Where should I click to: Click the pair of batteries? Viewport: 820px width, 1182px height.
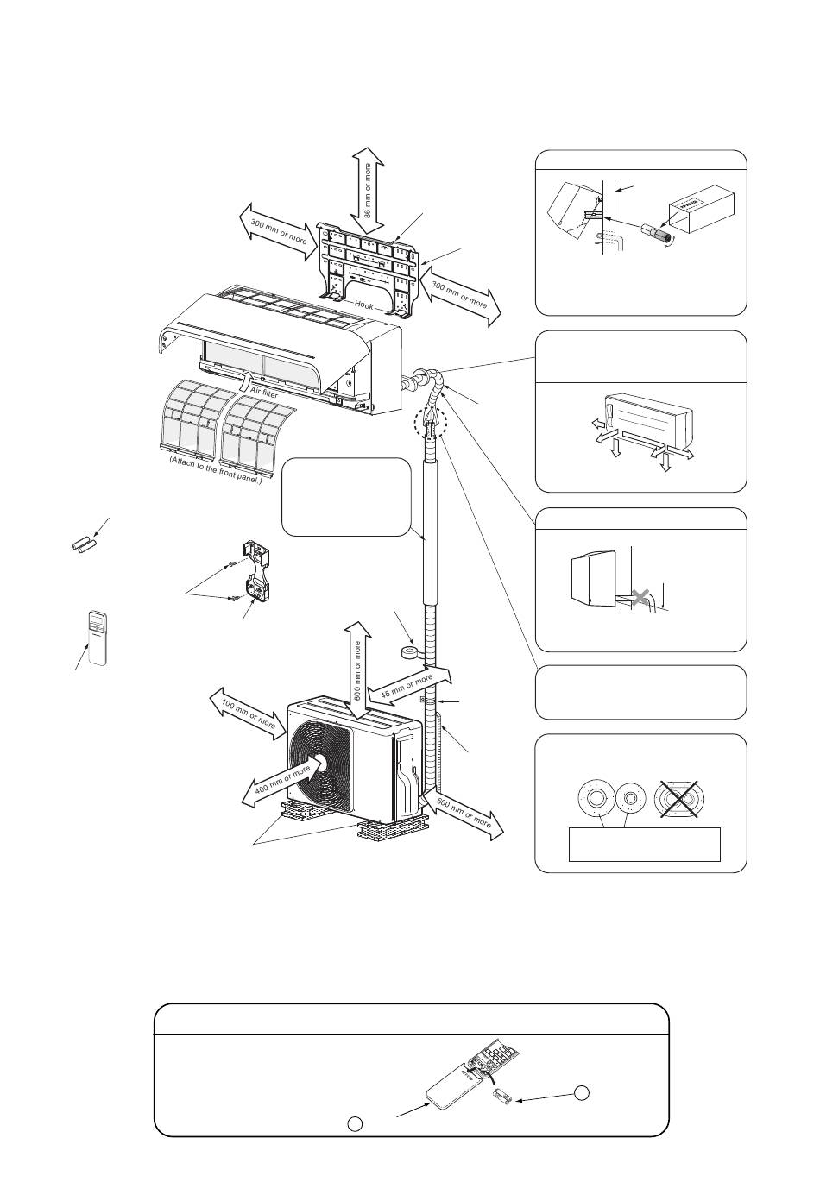pos(83,546)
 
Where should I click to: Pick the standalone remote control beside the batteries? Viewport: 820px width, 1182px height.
pos(100,638)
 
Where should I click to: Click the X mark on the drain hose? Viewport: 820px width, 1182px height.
pos(640,594)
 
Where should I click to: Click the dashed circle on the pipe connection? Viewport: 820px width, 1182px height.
pos(431,424)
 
